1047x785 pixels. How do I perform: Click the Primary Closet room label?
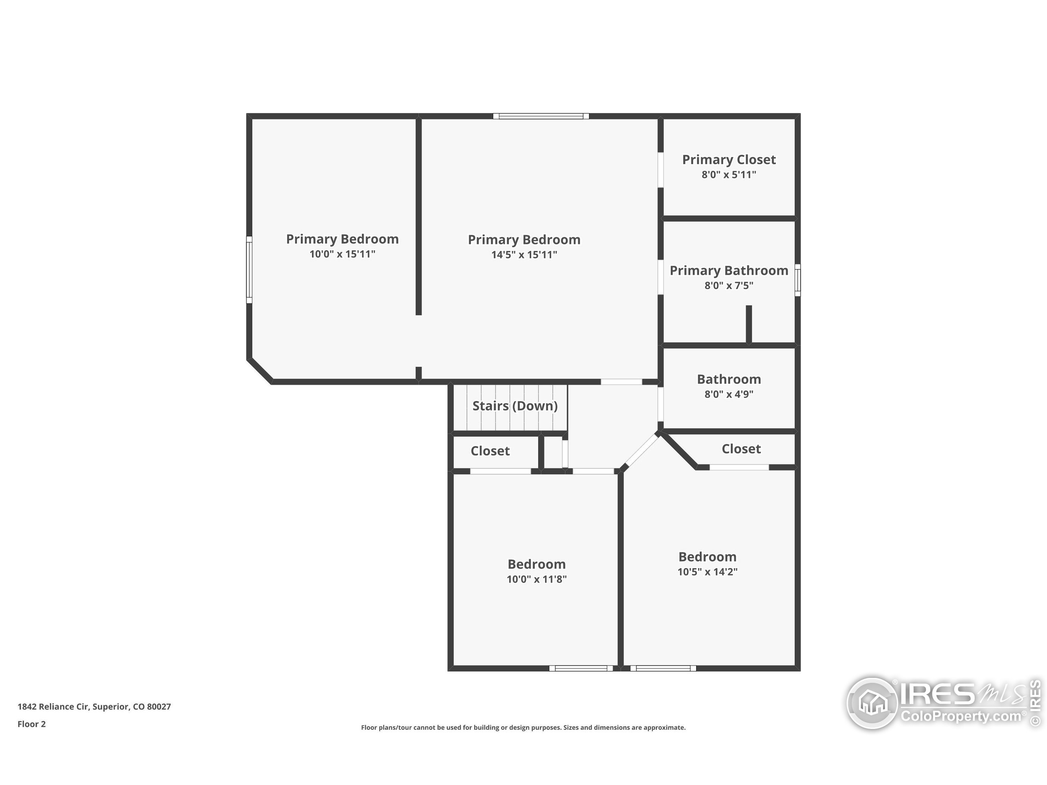(729, 160)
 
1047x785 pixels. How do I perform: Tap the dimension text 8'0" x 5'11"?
(729, 175)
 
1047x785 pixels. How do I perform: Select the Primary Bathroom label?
(729, 271)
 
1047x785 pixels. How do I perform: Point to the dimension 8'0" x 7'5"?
(729, 285)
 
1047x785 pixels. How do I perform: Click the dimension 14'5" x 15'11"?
(524, 255)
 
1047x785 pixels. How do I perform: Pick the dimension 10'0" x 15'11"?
(343, 254)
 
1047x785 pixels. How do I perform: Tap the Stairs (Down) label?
(515, 406)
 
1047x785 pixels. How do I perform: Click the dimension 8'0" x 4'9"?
(729, 394)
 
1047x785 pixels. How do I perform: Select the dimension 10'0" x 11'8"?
(537, 579)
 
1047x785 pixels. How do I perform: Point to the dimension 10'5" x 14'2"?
(708, 572)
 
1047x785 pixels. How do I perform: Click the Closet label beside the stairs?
(490, 451)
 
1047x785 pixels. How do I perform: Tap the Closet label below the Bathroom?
(741, 449)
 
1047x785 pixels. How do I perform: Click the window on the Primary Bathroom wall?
(798, 280)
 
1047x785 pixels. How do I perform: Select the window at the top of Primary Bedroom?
(541, 116)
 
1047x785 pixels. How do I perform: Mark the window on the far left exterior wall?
(249, 270)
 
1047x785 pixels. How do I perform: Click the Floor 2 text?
(32, 724)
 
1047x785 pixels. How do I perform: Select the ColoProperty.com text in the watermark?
(961, 716)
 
